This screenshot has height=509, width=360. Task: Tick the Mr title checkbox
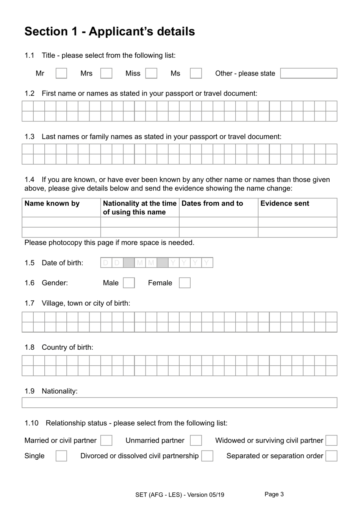[61, 73]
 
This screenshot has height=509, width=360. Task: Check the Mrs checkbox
[106, 73]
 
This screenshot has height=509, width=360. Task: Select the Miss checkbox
[151, 73]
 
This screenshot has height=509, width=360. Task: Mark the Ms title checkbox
[196, 73]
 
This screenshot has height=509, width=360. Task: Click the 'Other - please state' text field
[308, 73]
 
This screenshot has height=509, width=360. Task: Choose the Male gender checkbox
[129, 283]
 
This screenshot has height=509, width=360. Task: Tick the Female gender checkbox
[185, 283]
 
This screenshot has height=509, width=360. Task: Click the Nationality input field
[179, 403]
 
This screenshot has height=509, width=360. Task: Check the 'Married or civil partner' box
[106, 440]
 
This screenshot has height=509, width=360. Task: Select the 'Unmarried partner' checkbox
[196, 440]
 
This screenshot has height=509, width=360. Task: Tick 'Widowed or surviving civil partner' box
[331, 440]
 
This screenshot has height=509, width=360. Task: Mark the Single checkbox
[61, 456]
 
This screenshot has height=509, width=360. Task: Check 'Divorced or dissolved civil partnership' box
[207, 456]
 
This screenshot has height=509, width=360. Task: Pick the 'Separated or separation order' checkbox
[331, 456]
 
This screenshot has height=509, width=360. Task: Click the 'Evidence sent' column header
[285, 204]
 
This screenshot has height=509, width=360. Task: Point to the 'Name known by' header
[52, 204]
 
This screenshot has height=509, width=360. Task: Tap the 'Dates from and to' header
[212, 204]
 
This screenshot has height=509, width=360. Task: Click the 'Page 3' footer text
[274, 494]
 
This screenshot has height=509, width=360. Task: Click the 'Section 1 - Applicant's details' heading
[110, 31]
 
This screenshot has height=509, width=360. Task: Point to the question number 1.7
[30, 303]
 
